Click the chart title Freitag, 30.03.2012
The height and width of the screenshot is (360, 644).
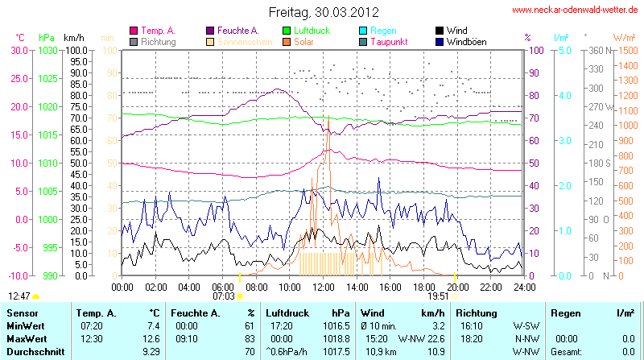click(323, 12)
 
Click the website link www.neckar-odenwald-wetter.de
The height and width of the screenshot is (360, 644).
click(576, 10)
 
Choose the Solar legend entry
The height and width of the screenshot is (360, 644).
click(303, 41)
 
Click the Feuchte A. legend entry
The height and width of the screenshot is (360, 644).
click(238, 30)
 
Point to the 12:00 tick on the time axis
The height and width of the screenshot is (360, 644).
click(323, 286)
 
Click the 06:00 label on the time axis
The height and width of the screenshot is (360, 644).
click(222, 286)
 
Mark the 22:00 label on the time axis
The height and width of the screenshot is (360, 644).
click(490, 286)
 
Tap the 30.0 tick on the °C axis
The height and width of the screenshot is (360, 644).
click(19, 50)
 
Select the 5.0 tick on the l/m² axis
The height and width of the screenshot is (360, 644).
click(565, 50)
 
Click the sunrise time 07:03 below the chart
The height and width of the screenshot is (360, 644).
click(223, 296)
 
